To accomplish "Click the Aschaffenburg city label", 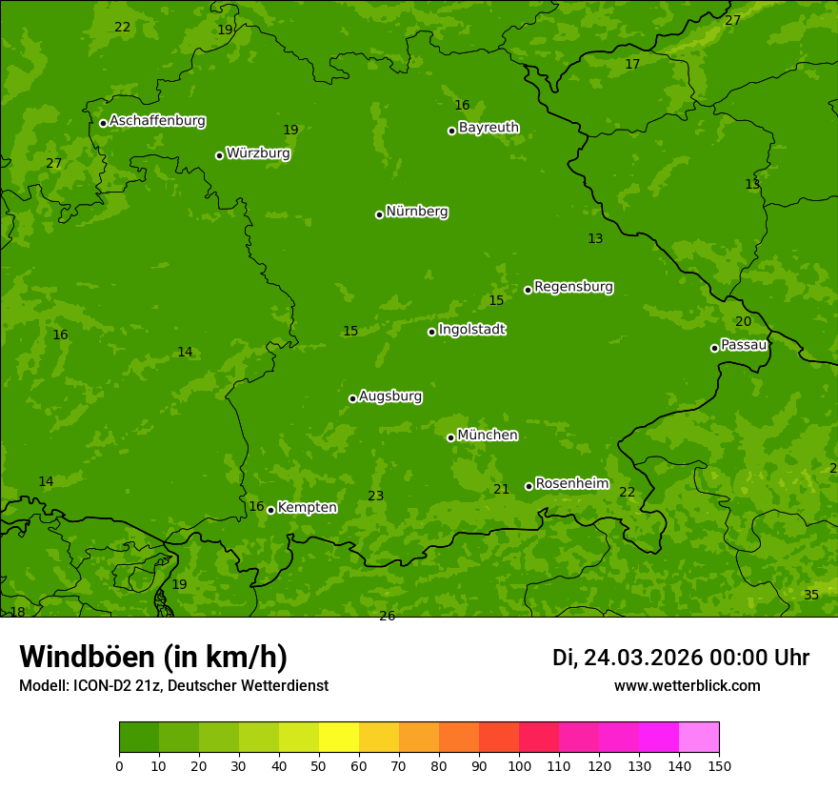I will [157, 121].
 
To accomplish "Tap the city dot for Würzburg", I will [219, 155].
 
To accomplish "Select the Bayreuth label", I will [489, 128].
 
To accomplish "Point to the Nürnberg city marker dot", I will [379, 214].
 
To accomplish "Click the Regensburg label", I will [573, 287].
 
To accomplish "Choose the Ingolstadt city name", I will [471, 330].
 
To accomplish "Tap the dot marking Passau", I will [714, 348].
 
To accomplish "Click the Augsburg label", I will [390, 396].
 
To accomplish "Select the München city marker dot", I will [450, 437].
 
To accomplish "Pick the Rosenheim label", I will [571, 484].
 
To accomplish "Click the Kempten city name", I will [307, 508].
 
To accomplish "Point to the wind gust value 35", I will [810, 595].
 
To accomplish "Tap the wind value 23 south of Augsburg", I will [375, 496].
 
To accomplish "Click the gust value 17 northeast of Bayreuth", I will [632, 64].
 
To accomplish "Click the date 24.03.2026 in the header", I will [642, 658].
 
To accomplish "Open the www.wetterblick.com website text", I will [687, 685].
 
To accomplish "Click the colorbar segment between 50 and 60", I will [339, 737].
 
